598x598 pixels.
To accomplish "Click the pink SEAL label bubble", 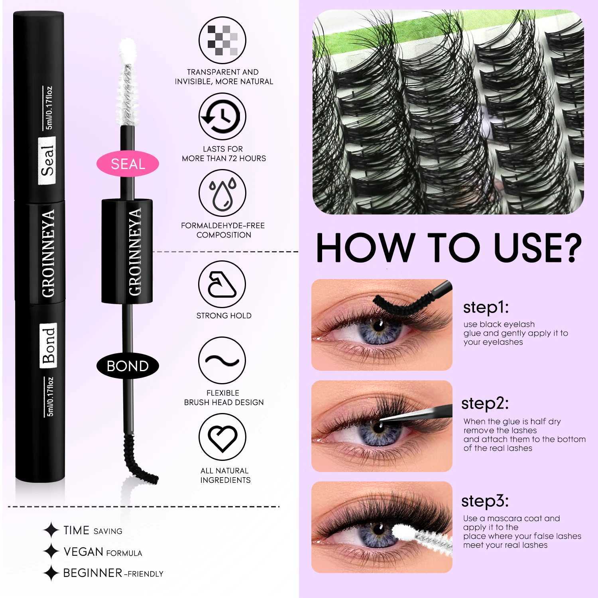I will pos(128,164).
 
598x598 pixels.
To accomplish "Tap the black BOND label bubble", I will pos(128,366).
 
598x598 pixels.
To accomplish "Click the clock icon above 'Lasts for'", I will pos(222,116).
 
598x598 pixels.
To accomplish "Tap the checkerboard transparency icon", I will pos(222,40).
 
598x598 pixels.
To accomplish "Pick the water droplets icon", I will pos(222,193).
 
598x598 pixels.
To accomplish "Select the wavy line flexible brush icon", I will pos(222,361).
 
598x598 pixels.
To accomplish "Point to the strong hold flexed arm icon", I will pos(222,284).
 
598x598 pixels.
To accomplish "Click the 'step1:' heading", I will pos(486,308).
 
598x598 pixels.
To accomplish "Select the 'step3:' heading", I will pos(485,501).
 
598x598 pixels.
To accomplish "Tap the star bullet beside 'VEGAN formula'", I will pos(51,552).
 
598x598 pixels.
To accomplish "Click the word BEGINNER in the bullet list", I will pos(92,573).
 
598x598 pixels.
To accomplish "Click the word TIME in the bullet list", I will pos(76,530).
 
